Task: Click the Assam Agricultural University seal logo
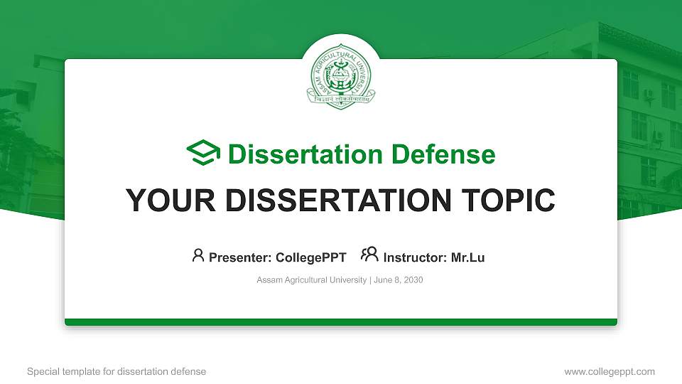pyautogui.click(x=341, y=77)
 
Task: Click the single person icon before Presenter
pyautogui.click(x=198, y=255)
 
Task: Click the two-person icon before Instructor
pyautogui.click(x=369, y=255)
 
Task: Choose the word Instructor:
pyautogui.click(x=416, y=257)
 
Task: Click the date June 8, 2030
pyautogui.click(x=398, y=280)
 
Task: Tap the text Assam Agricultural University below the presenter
pyautogui.click(x=311, y=280)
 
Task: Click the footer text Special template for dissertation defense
pyautogui.click(x=117, y=371)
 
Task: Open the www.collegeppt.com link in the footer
pyautogui.click(x=610, y=371)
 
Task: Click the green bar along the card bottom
pyautogui.click(x=341, y=322)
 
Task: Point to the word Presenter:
pyautogui.click(x=237, y=257)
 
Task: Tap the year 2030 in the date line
pyautogui.click(x=413, y=280)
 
